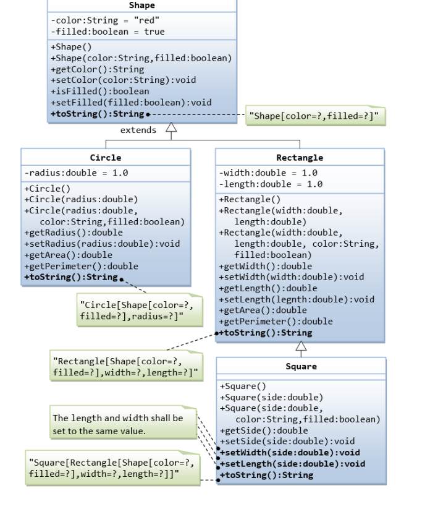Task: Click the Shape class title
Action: coord(141,6)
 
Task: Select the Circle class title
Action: coord(106,158)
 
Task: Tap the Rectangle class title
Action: coord(300,158)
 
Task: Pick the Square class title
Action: coord(301,366)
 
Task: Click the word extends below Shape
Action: coord(138,130)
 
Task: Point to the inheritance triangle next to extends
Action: coord(171,128)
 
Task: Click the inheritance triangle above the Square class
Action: coord(301,346)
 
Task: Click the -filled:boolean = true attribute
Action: coord(107,32)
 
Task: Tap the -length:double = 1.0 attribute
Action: coord(271,184)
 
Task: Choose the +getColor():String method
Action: coord(97,69)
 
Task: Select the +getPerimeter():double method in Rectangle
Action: coord(276,322)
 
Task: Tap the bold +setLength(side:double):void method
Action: coord(292,464)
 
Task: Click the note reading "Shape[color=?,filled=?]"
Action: coord(316,116)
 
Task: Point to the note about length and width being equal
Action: coord(122,424)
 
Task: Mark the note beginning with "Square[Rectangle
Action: coord(111,468)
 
